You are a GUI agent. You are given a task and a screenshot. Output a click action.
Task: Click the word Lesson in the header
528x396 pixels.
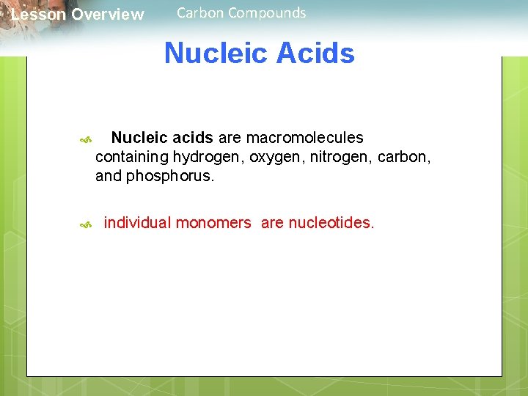[38, 15]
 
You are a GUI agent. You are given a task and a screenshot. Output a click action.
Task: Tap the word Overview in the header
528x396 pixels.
[108, 15]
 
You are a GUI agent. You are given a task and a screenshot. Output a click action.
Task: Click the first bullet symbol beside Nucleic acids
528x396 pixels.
[85, 139]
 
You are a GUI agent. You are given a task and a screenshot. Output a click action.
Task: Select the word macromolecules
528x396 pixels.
[304, 138]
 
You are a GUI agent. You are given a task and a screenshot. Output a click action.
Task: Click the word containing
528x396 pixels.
[132, 157]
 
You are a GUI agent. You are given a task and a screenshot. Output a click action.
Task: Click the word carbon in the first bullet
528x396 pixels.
[403, 157]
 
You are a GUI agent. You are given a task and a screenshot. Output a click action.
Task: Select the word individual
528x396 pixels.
[137, 223]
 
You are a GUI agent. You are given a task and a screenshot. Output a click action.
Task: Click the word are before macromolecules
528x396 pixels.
[230, 138]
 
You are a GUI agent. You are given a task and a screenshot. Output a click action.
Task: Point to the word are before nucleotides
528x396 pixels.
[272, 223]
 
